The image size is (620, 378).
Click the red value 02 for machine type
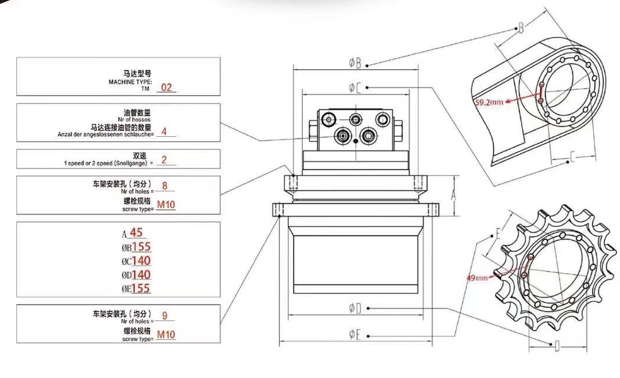(166, 88)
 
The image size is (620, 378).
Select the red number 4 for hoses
(164, 131)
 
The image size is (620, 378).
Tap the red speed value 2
(164, 160)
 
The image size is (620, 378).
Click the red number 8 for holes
(165, 186)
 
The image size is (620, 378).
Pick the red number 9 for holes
(165, 316)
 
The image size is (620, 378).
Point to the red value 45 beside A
(136, 232)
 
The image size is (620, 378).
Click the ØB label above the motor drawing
(355, 62)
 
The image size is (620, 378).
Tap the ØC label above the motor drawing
(355, 88)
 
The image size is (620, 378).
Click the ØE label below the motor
(355, 335)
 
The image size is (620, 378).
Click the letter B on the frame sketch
(520, 28)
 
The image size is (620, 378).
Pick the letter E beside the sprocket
(498, 234)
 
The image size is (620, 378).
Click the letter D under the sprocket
(557, 347)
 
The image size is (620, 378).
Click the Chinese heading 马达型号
(138, 74)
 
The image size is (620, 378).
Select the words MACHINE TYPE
(130, 82)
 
